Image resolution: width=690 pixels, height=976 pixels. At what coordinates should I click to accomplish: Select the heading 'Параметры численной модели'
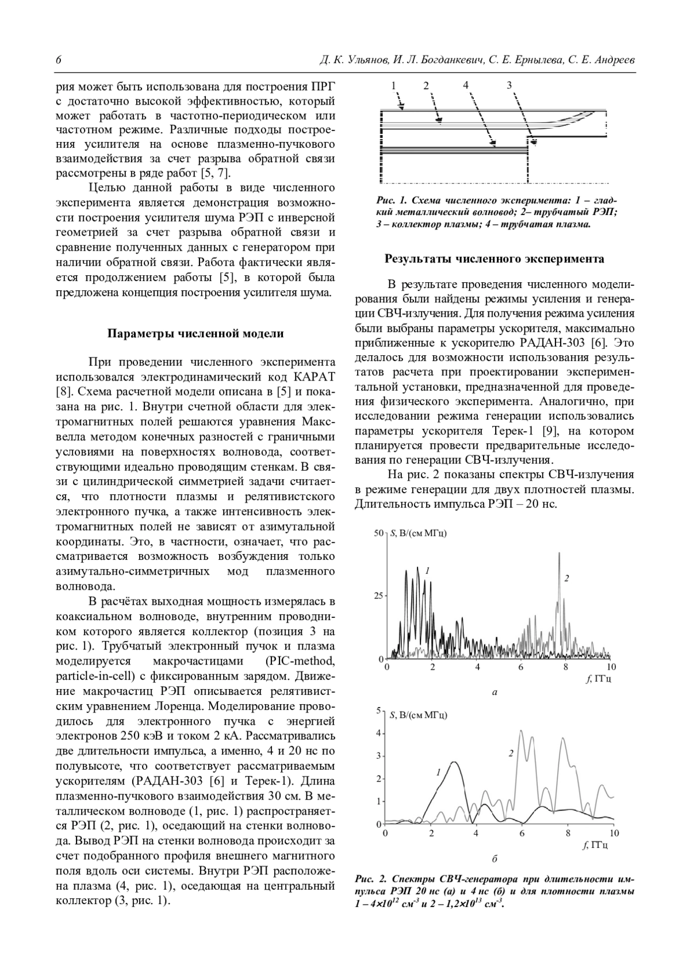tap(195, 334)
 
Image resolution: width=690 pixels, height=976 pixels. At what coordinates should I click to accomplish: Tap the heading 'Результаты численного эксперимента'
tap(494, 259)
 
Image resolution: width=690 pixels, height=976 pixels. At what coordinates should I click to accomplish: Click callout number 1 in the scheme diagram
tap(394, 86)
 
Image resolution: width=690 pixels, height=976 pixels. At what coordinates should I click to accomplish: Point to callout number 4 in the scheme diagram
tap(466, 85)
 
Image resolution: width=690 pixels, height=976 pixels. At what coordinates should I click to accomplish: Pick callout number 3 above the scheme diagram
tap(509, 85)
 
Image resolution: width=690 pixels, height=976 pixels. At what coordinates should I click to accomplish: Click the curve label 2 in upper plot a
tap(566, 578)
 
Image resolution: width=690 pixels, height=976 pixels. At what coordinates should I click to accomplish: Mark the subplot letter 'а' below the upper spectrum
tap(494, 692)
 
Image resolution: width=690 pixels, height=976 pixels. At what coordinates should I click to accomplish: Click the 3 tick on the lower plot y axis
tap(378, 756)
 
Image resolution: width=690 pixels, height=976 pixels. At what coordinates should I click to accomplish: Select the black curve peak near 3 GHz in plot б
tap(454, 762)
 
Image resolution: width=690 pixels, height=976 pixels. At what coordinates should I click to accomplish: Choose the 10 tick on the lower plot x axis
tap(613, 833)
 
